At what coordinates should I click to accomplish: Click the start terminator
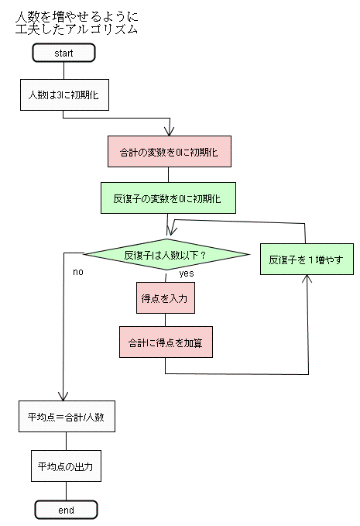point(63,53)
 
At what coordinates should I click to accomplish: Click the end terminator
point(66,510)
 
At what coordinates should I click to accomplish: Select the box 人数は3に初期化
point(64,95)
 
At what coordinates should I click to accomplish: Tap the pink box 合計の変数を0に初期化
point(170,151)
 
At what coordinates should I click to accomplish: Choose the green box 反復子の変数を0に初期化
point(168,198)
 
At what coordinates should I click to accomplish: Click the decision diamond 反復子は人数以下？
point(166,255)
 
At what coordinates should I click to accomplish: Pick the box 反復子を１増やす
point(307,260)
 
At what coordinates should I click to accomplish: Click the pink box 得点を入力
point(166,298)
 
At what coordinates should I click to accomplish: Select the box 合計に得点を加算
point(166,342)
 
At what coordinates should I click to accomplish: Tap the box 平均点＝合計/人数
point(67,416)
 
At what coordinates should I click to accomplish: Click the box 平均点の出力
point(66,466)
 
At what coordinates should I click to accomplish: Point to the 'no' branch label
point(78,272)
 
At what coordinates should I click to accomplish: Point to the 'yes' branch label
point(187,273)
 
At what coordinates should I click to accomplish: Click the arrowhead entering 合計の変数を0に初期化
point(170,132)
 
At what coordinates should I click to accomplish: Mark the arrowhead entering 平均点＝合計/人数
point(63,396)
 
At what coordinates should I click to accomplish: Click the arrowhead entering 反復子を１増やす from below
point(307,279)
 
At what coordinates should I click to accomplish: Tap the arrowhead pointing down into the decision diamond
point(171,231)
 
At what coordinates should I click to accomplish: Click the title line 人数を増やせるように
point(77,17)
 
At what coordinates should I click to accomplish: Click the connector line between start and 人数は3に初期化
point(63,70)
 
